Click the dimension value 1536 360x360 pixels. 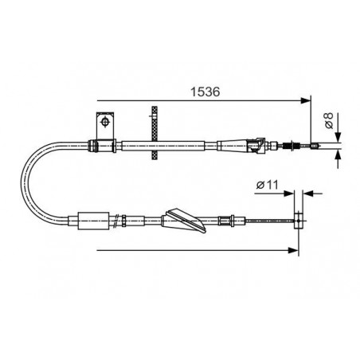click(x=205, y=92)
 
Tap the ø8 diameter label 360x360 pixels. click(x=329, y=120)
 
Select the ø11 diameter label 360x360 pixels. click(x=267, y=185)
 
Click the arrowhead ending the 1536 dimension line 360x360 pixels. click(x=305, y=100)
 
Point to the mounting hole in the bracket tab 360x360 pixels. click(x=105, y=122)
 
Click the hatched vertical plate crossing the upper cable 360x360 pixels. click(x=155, y=133)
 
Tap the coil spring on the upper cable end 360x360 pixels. click(x=288, y=146)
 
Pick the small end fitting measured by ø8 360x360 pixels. click(x=314, y=146)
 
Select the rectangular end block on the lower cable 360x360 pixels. click(x=298, y=220)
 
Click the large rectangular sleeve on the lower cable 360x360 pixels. click(x=93, y=221)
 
